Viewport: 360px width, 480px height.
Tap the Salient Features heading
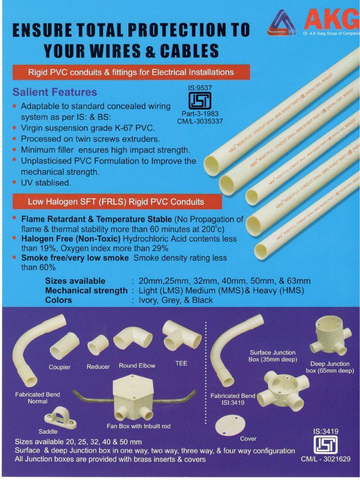pyautogui.click(x=55, y=92)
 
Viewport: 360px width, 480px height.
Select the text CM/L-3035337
pyautogui.click(x=200, y=121)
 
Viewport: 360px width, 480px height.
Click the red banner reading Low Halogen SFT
pyautogui.click(x=116, y=202)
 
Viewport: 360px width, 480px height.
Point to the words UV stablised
pyautogui.click(x=46, y=183)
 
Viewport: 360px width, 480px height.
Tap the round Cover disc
pyautogui.click(x=230, y=424)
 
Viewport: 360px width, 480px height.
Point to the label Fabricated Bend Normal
pyautogui.click(x=37, y=398)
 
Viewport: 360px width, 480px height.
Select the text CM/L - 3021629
pyautogui.click(x=325, y=459)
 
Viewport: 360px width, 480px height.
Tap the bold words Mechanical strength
pyautogui.click(x=86, y=291)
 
